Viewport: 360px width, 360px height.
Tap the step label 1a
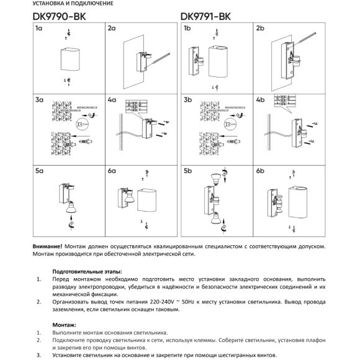click(39, 29)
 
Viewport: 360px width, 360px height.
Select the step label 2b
click(260, 29)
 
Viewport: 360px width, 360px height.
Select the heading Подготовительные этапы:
click(87, 271)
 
